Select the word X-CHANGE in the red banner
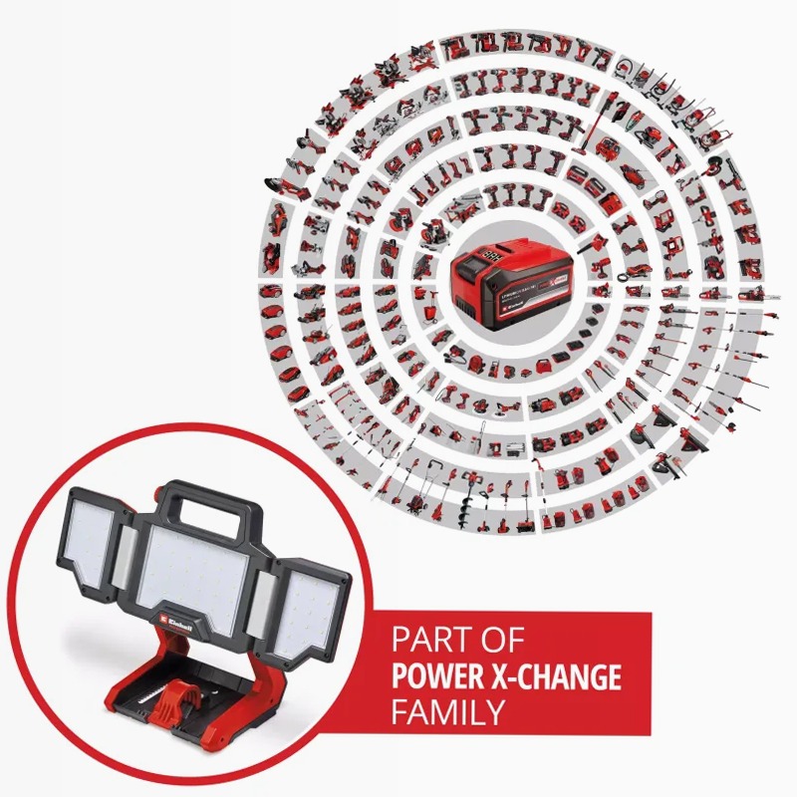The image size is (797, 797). pyautogui.click(x=557, y=677)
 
